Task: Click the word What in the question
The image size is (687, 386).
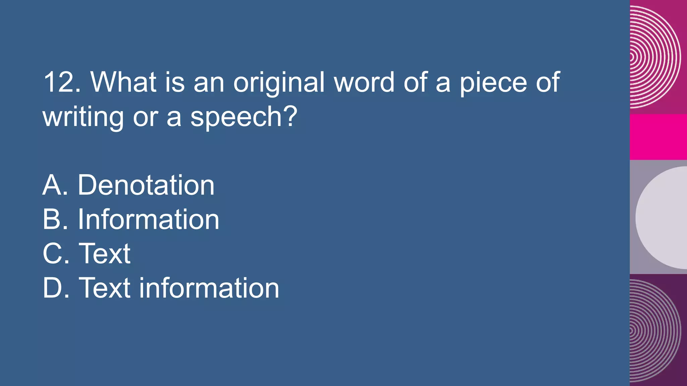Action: click(123, 82)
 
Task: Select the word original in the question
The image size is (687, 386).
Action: click(279, 83)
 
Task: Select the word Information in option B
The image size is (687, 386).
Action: click(148, 219)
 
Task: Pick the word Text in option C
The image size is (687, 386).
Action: click(104, 254)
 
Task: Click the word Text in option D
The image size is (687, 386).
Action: click(104, 288)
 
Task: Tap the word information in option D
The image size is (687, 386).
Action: click(209, 288)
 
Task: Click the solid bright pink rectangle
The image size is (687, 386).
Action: click(658, 137)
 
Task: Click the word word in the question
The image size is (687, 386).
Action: click(364, 82)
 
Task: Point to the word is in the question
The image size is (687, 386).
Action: click(175, 82)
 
